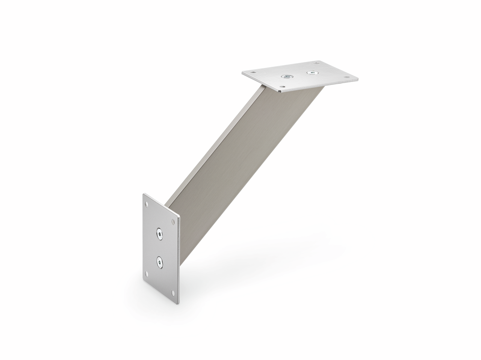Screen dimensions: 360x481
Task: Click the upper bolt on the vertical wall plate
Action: tap(160, 234)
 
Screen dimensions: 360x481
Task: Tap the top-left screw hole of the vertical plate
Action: tap(147, 204)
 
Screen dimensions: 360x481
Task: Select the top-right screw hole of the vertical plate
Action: tap(173, 221)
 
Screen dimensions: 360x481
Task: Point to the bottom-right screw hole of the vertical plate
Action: tap(172, 292)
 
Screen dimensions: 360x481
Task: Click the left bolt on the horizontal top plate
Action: tap(287, 76)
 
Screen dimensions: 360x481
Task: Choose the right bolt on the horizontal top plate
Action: tap(311, 72)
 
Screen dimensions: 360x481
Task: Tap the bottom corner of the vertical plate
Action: tap(178, 303)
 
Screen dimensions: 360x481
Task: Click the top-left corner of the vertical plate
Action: tap(144, 194)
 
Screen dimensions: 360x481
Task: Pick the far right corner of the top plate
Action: tap(357, 79)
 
